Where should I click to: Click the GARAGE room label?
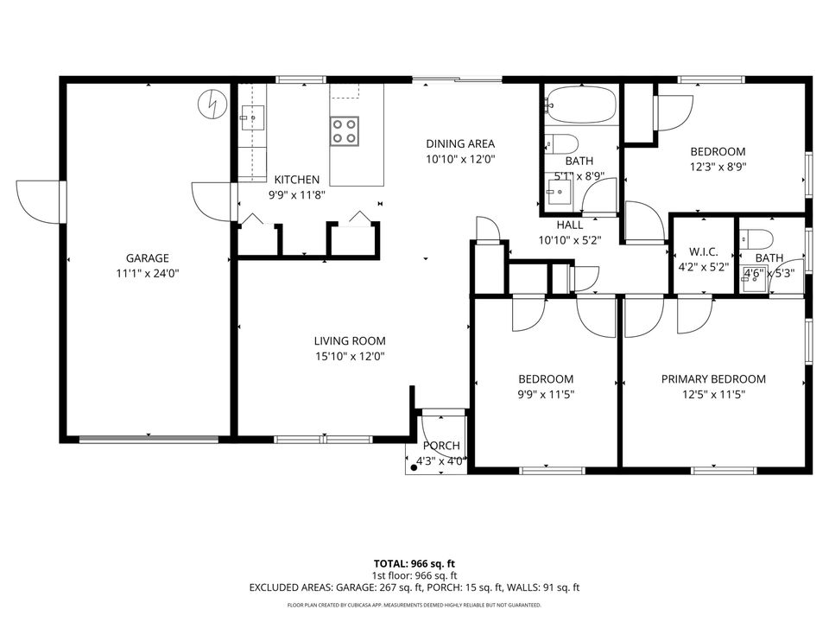click(x=147, y=257)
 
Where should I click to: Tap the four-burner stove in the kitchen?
click(x=345, y=131)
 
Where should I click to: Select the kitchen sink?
click(x=252, y=117)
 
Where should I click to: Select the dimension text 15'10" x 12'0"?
click(x=349, y=356)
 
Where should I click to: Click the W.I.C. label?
click(x=704, y=252)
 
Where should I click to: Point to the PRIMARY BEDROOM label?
click(x=713, y=379)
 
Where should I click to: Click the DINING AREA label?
click(x=460, y=144)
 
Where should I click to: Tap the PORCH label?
click(x=441, y=446)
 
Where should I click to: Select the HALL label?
click(x=569, y=225)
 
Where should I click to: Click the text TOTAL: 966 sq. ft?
click(x=414, y=562)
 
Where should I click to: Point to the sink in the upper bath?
click(x=560, y=193)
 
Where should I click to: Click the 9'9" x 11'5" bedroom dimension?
click(x=546, y=394)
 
